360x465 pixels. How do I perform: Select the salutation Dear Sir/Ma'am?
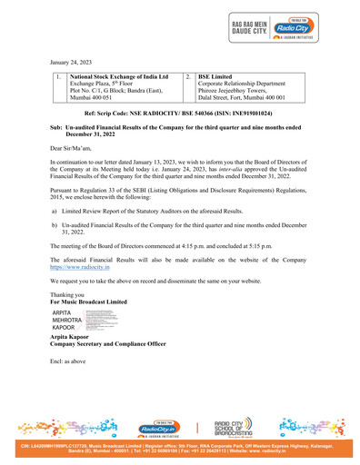[x=75, y=146]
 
